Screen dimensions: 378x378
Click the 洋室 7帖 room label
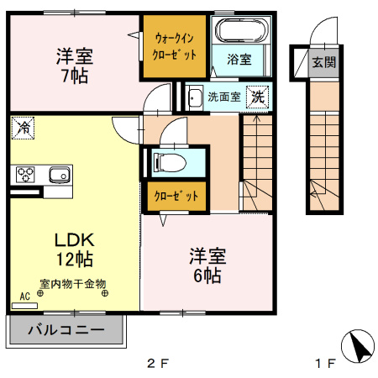point(75,66)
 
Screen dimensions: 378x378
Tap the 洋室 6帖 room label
point(205,265)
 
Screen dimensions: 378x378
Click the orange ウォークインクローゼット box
point(174,47)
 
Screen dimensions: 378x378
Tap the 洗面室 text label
point(224,97)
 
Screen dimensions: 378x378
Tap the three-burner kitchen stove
point(24,175)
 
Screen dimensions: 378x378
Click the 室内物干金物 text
point(72,284)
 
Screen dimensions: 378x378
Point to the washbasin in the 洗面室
point(195,96)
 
